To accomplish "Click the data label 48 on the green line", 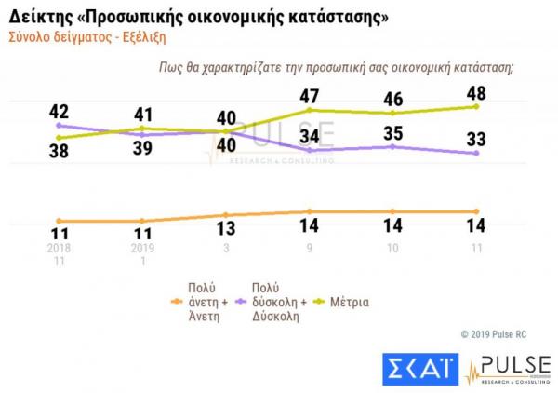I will [476, 94].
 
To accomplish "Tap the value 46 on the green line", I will [394, 98].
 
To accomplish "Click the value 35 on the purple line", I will [394, 131].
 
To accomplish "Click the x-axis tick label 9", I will [309, 249].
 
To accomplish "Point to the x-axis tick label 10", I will [393, 249].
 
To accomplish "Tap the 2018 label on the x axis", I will [60, 249].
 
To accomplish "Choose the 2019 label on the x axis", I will [141, 249].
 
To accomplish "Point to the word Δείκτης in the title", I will [39, 17].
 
